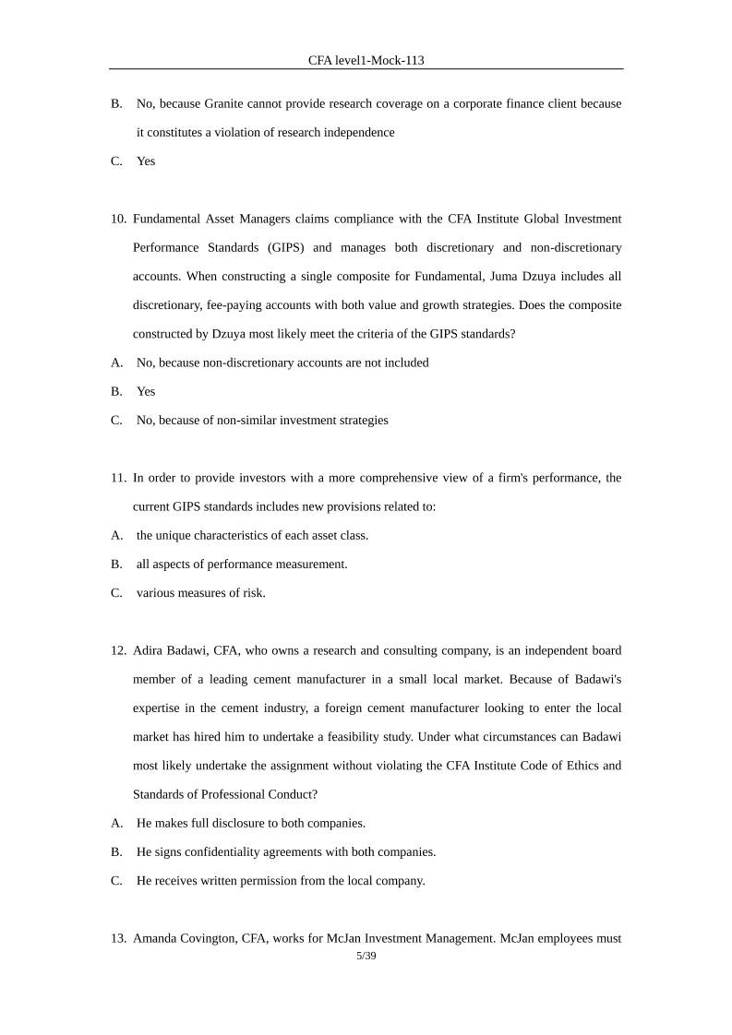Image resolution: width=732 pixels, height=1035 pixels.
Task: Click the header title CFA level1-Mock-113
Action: [x=366, y=60]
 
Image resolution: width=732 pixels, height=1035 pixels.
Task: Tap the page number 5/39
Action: [x=366, y=957]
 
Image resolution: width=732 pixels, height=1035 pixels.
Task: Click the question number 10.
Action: [x=119, y=220]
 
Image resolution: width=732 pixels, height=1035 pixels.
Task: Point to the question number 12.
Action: [x=119, y=651]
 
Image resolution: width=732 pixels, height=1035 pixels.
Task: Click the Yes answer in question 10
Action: [x=146, y=391]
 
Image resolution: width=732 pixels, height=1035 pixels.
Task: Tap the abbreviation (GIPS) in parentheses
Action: [x=292, y=248]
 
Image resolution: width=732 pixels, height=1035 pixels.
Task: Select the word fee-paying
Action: [x=236, y=305]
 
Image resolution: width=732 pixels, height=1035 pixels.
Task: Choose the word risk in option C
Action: [x=254, y=593]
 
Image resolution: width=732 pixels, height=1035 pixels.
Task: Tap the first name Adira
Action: [x=150, y=651]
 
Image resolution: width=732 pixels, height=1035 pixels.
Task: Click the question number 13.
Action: [x=119, y=939]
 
